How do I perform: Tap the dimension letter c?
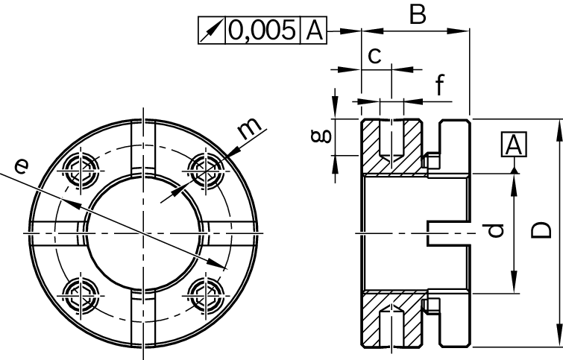(x=375, y=54)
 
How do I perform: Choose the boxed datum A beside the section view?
(x=514, y=145)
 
